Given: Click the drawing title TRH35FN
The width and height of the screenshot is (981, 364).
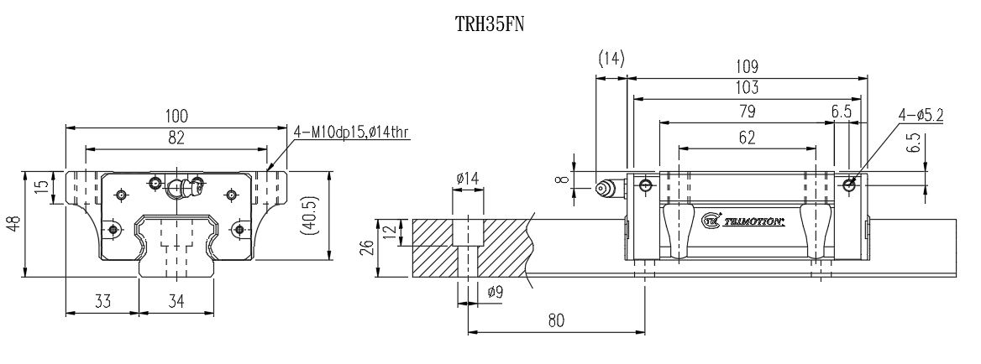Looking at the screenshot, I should [x=490, y=24].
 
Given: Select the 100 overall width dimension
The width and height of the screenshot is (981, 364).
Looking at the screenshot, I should [x=177, y=116].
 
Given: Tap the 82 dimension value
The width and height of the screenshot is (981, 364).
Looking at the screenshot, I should [x=176, y=138].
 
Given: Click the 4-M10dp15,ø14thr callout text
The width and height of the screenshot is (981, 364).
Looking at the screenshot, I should [x=351, y=132].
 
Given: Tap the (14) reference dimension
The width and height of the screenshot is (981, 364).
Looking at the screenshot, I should [x=611, y=58].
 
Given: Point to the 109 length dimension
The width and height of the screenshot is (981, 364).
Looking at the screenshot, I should [x=746, y=66].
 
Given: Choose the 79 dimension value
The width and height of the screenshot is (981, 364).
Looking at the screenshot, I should [x=746, y=112].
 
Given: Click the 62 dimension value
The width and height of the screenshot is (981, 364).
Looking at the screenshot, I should [x=746, y=138].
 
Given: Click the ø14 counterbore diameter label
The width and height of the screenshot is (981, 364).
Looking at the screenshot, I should [x=468, y=178].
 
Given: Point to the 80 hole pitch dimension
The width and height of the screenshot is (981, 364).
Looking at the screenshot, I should [x=554, y=320].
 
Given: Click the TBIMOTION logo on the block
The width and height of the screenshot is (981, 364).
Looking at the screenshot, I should [x=743, y=221].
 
